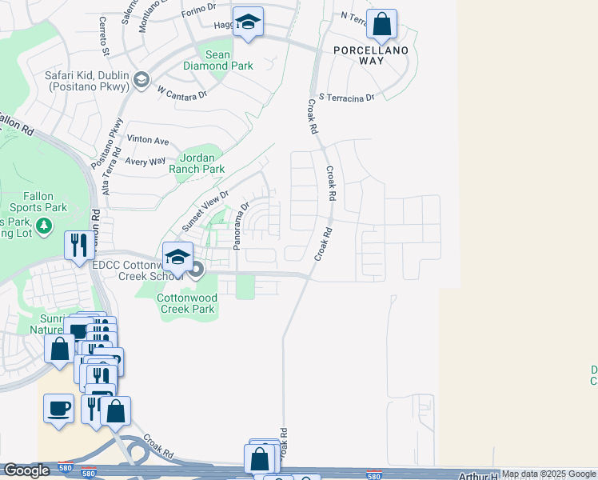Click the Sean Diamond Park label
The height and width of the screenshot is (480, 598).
(x=229, y=60)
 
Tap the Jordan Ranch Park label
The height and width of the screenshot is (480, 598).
(x=197, y=163)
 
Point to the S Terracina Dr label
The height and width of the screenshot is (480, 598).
(x=346, y=98)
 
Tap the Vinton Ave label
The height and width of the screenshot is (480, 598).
(x=148, y=141)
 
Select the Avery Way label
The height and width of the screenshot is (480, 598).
(x=145, y=161)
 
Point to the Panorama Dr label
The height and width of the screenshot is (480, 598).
(x=242, y=226)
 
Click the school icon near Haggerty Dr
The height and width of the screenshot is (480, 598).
(x=249, y=26)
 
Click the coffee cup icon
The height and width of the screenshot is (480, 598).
(x=59, y=408)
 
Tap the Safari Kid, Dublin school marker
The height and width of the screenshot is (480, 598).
(x=142, y=78)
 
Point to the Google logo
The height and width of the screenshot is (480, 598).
(x=26, y=470)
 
